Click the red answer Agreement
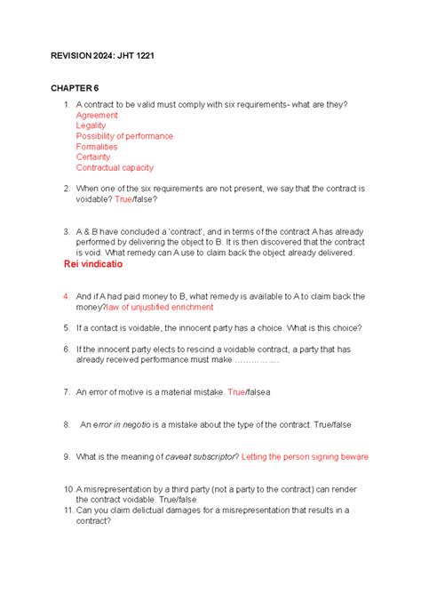click(97, 116)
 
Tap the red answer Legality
click(93, 126)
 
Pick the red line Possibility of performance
click(124, 136)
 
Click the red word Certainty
click(94, 157)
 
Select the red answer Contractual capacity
click(115, 167)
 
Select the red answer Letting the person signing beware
click(305, 457)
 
